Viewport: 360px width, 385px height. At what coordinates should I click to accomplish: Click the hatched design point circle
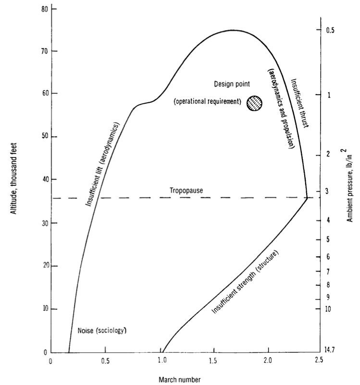point(255,103)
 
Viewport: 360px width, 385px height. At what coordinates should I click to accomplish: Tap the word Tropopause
point(185,191)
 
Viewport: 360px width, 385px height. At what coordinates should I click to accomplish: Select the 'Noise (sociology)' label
point(104,331)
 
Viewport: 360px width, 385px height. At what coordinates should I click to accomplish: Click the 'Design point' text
point(232,84)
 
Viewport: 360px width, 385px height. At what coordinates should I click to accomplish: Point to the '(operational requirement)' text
point(208,102)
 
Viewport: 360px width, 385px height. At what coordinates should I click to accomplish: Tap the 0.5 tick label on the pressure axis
point(331,30)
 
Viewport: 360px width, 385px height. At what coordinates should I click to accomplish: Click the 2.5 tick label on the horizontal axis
point(318,361)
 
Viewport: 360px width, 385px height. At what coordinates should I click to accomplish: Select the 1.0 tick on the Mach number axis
point(159,361)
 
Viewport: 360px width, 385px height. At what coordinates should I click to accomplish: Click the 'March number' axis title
point(180,379)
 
